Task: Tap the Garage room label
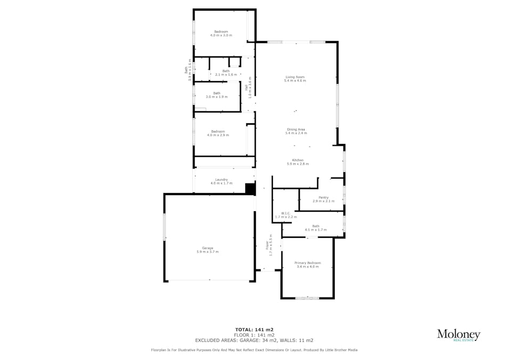[x=207, y=248]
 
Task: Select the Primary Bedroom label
[x=308, y=262]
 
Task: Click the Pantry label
[x=324, y=197]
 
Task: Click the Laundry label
[x=221, y=180]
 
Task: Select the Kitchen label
[x=297, y=160]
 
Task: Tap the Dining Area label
[x=296, y=129]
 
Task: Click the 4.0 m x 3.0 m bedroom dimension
[x=221, y=35]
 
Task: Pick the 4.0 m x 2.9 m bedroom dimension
[x=218, y=135]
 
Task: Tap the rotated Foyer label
[x=269, y=246]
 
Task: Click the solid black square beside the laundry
[x=249, y=188]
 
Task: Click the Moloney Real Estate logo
[x=458, y=335]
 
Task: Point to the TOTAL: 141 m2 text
[x=254, y=330]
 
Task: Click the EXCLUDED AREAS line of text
[x=254, y=340]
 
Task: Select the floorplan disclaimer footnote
[x=254, y=350]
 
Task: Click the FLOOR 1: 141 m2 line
[x=254, y=335]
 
